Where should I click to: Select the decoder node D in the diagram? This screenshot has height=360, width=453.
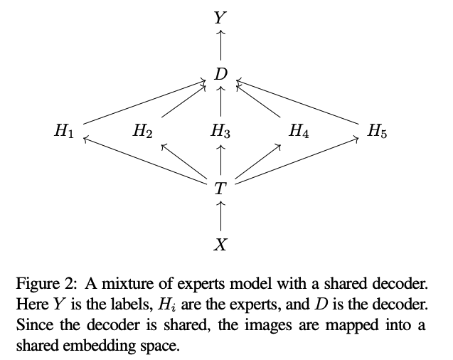221,74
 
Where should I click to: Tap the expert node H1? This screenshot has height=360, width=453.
64,131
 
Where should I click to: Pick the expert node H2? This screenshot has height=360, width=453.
143,131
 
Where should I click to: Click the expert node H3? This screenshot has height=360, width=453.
221,131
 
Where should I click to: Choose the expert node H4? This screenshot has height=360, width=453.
299,131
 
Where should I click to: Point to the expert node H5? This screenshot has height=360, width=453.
378,131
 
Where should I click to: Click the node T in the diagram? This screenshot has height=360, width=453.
221,189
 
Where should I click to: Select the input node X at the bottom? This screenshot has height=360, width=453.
221,245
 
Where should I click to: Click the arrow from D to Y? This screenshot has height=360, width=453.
221,45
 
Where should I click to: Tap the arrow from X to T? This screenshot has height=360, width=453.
221,216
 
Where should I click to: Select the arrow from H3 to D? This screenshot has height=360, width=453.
221,102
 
